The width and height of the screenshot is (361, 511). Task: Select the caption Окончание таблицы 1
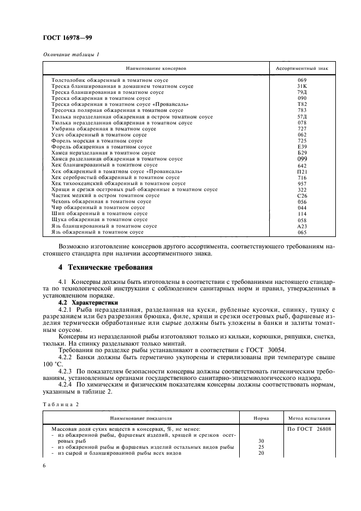point(70,54)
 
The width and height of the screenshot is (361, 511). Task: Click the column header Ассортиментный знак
point(301,69)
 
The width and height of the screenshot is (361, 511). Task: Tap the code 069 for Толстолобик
point(302,80)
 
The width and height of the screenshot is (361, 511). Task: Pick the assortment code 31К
point(302,86)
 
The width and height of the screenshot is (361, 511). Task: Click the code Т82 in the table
point(302,104)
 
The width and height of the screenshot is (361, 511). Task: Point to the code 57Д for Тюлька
point(302,117)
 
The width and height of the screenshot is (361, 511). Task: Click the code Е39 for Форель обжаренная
point(302,147)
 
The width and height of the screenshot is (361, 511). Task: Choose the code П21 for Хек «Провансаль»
point(302,171)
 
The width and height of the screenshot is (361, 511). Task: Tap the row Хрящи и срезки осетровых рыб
point(134,189)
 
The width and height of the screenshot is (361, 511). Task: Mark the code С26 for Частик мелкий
point(302,195)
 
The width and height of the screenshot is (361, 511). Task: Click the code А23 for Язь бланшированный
point(302,226)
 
